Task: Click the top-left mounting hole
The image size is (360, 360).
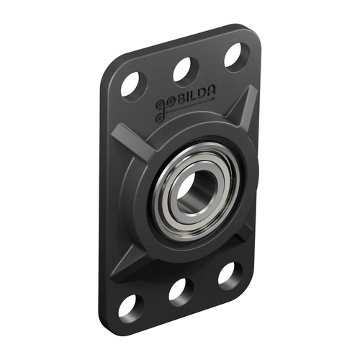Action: tap(132, 84)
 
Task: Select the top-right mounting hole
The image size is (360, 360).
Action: tap(235, 55)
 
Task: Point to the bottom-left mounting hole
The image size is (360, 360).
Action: tap(130, 305)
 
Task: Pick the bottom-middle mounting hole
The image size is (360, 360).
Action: tap(179, 290)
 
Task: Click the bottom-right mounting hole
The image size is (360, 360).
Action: tap(229, 274)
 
